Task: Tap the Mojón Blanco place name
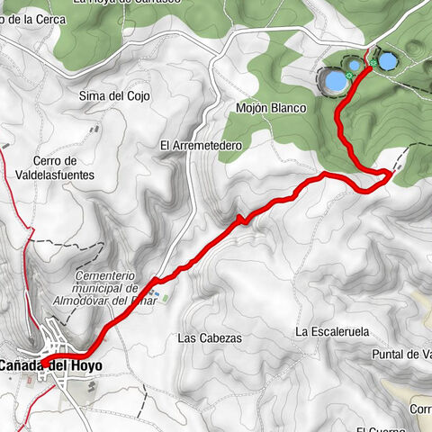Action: [x=271, y=108]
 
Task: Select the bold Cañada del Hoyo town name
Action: [x=50, y=365]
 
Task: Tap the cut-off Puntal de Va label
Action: [x=402, y=355]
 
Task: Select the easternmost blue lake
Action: [x=387, y=61]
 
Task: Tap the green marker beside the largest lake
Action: [x=348, y=76]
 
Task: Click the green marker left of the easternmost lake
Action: [x=371, y=63]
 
